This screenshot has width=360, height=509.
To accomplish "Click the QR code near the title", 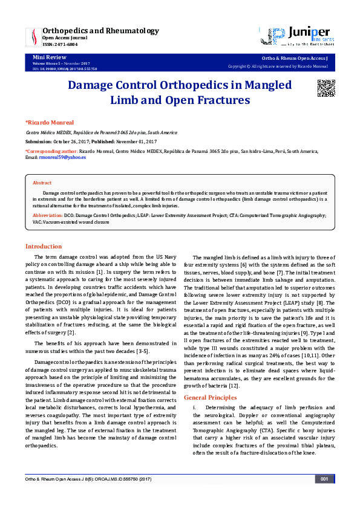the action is coord(326,88).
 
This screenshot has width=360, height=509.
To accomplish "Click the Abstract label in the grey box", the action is coord(42,182).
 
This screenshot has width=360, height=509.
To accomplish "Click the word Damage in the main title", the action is coord(98,85).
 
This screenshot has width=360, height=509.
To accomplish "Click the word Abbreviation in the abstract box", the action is coord(47,215).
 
